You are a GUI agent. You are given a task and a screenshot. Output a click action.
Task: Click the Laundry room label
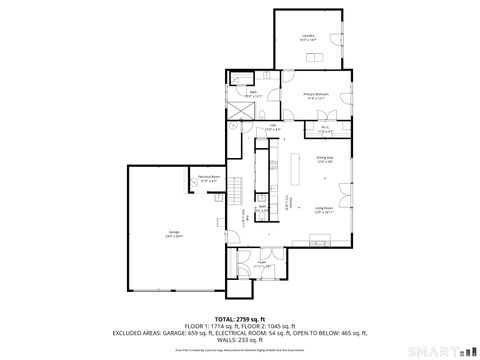(308, 37)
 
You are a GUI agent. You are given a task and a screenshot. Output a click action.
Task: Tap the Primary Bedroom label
(317, 96)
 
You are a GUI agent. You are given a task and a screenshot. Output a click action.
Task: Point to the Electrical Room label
(209, 178)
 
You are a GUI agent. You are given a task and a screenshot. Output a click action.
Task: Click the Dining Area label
(325, 160)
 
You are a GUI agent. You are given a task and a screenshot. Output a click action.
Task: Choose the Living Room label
(325, 210)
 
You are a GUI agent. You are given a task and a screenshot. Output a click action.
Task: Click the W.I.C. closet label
(326, 128)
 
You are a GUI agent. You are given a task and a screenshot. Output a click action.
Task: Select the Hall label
(272, 127)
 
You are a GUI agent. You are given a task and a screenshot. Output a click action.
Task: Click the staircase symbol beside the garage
(237, 190)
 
